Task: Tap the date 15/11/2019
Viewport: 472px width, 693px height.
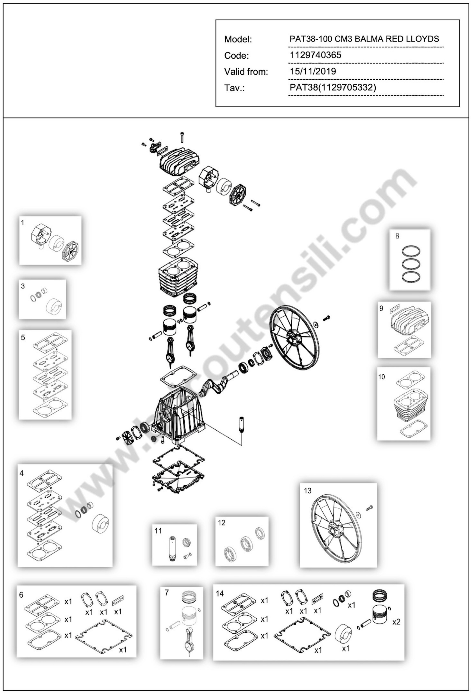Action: point(313,71)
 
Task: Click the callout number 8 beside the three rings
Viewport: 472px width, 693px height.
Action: point(397,236)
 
